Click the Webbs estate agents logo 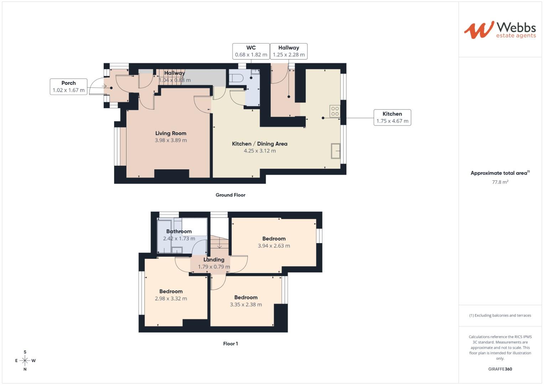[499, 30]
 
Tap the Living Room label [171, 133]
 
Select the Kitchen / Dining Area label [259, 144]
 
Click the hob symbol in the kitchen [335, 111]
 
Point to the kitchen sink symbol [335, 151]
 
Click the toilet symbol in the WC [236, 78]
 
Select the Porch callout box [68, 87]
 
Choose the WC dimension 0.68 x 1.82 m [251, 55]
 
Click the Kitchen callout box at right [392, 117]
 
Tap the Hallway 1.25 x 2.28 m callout [289, 51]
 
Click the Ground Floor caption [230, 195]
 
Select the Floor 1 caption [230, 344]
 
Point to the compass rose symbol [25, 361]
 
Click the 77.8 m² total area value [500, 182]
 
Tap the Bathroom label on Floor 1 [179, 231]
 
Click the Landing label [214, 260]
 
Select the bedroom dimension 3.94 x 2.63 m [274, 246]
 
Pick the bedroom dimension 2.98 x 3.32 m [171, 299]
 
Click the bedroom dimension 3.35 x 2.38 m [246, 305]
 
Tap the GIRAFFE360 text [500, 369]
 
